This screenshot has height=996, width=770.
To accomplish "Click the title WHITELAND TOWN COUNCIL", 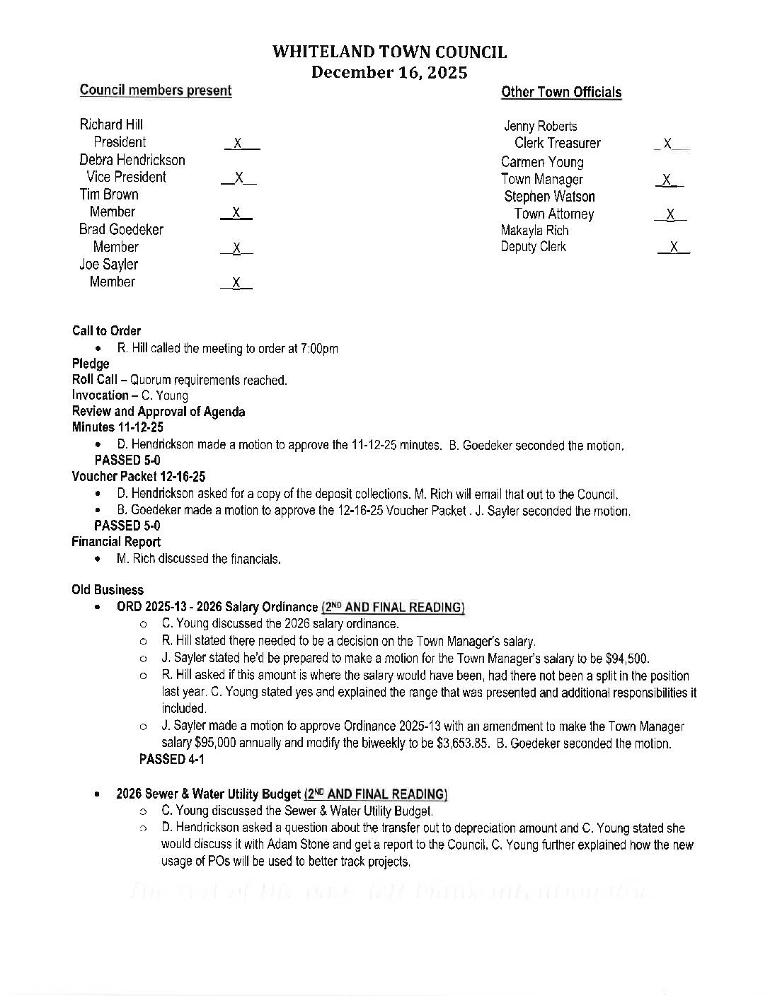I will (x=389, y=52).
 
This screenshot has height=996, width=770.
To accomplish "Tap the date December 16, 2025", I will (x=389, y=72).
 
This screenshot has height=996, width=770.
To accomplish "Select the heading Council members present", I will (x=156, y=91).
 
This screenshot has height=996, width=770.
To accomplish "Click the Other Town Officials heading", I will (x=561, y=92).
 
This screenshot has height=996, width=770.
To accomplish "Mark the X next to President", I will (x=239, y=144).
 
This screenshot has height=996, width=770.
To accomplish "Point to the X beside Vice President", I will (x=239, y=178).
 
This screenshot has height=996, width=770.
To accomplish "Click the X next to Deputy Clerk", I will (x=674, y=247).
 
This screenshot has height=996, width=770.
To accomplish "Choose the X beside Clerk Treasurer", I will (x=667, y=144).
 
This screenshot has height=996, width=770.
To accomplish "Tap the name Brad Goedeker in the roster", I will (x=121, y=230).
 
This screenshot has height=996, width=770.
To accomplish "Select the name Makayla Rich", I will (x=534, y=231).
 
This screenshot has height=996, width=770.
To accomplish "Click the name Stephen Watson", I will (x=549, y=197).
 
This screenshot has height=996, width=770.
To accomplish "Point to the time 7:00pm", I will (x=319, y=349).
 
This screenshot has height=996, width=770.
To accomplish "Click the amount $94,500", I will (x=628, y=659).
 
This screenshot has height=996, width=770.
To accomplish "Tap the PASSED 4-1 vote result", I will (x=172, y=760).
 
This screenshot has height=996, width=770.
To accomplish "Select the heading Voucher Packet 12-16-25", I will (x=139, y=477).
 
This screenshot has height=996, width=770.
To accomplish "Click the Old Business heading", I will (x=108, y=590).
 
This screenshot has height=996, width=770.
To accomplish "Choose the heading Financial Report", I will (x=116, y=542).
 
